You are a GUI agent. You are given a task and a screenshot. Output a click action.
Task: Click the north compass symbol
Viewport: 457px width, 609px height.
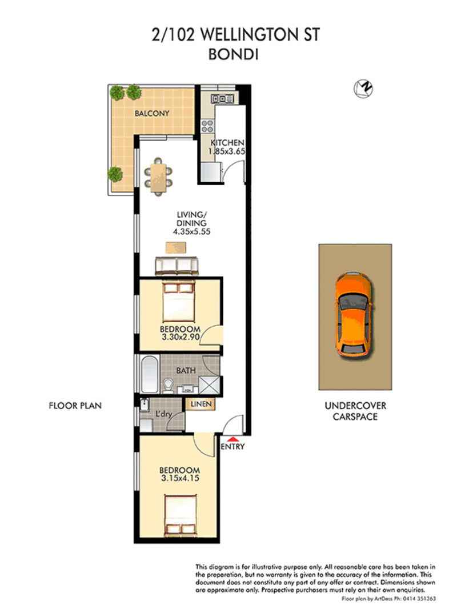pyautogui.click(x=363, y=89)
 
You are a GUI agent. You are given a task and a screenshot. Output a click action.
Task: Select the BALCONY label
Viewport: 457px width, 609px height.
pyautogui.click(x=152, y=114)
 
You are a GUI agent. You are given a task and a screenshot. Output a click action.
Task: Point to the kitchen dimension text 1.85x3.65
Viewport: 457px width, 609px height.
pyautogui.click(x=227, y=151)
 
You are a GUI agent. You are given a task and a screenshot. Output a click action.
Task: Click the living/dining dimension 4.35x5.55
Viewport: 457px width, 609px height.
pyautogui.click(x=191, y=231)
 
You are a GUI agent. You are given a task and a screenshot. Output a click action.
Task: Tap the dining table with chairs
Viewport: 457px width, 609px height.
pyautogui.click(x=158, y=177)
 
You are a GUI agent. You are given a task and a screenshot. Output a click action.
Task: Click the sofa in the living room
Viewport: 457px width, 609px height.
pyautogui.click(x=177, y=266)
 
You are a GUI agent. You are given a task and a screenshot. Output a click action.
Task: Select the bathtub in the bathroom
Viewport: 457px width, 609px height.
pyautogui.click(x=150, y=375)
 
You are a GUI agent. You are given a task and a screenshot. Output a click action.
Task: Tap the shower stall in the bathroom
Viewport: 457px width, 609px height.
pyautogui.click(x=210, y=385)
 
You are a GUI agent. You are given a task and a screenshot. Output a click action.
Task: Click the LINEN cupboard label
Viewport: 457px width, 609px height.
pyautogui.click(x=201, y=404)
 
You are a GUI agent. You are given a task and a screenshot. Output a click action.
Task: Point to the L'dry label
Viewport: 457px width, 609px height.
pyautogui.click(x=163, y=414)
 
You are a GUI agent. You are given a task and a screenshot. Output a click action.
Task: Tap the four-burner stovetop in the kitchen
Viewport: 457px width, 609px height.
pyautogui.click(x=207, y=126)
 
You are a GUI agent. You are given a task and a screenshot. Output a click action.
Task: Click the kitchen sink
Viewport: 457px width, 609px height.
pyautogui.click(x=222, y=99)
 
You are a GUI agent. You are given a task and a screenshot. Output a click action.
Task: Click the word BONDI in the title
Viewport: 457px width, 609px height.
pyautogui.click(x=233, y=54)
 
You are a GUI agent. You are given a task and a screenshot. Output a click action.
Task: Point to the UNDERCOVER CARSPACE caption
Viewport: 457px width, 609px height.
pyautogui.click(x=355, y=411)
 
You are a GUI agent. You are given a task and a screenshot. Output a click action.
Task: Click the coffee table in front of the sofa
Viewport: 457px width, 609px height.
pyautogui.click(x=175, y=247)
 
